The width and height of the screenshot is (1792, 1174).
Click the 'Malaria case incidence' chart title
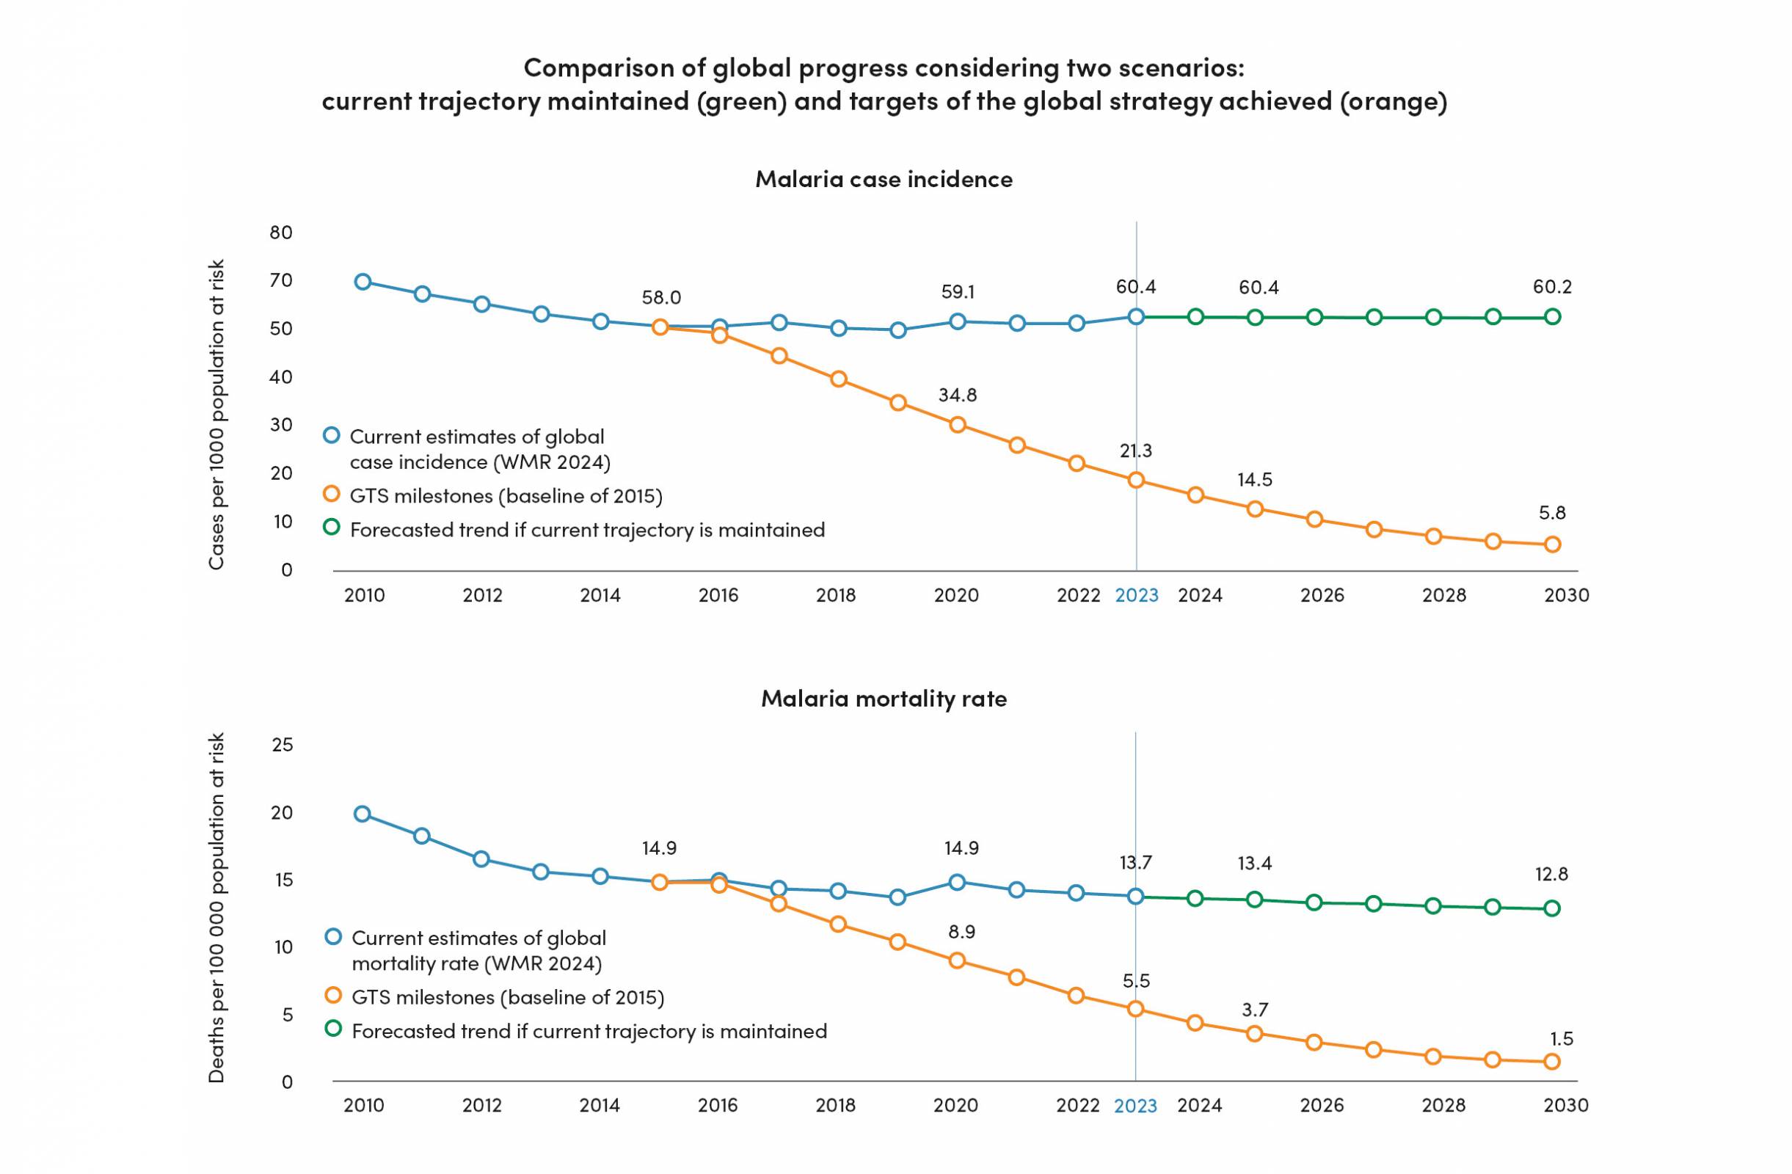[884, 179]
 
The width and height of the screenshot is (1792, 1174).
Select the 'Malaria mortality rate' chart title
[884, 698]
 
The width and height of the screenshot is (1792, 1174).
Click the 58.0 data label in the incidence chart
[661, 297]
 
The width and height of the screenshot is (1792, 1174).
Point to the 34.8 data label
[957, 395]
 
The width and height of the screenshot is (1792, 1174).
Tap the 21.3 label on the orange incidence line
[1135, 451]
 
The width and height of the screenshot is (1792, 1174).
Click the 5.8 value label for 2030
[1552, 513]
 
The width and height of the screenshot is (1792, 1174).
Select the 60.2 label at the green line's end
[1552, 287]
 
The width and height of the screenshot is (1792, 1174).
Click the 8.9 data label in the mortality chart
[961, 932]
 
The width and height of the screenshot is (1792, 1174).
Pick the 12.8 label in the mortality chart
[1551, 875]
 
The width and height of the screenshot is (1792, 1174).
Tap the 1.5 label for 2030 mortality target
[1561, 1038]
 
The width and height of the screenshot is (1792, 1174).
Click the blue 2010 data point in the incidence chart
[363, 282]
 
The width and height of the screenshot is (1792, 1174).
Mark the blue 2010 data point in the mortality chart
[363, 813]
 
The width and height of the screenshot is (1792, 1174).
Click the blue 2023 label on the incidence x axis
[1136, 595]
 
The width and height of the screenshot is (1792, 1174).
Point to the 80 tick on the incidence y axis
[281, 232]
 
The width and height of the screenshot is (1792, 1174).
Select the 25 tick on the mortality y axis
[282, 745]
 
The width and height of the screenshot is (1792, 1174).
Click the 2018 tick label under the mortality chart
[836, 1105]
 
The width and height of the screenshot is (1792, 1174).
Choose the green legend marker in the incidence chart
[331, 527]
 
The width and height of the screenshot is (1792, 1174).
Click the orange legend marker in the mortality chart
[333, 995]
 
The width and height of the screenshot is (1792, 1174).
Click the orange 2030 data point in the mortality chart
[1552, 1062]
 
